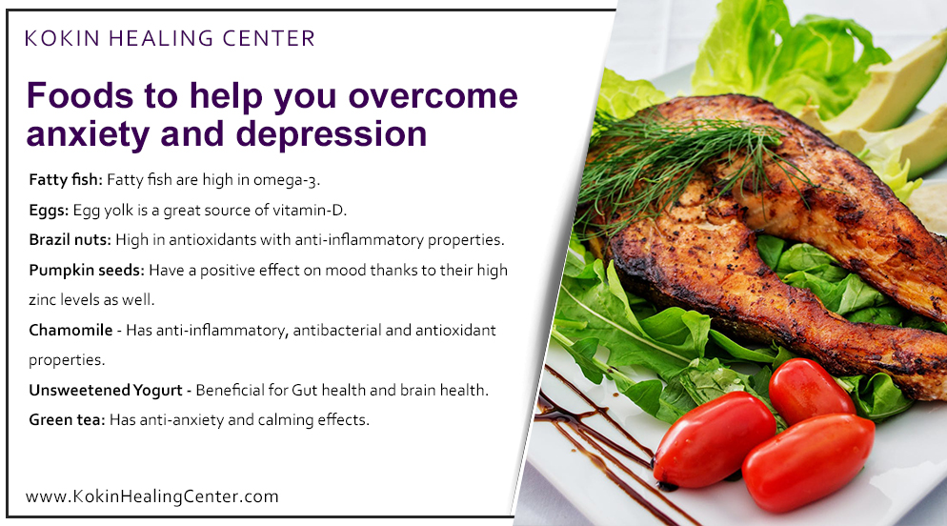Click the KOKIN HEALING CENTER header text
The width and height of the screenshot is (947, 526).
click(x=170, y=39)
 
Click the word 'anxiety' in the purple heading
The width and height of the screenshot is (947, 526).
click(x=91, y=134)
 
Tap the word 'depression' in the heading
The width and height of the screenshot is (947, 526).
click(x=326, y=134)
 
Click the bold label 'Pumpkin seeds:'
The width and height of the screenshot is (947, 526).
click(x=86, y=270)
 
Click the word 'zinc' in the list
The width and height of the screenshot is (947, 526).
click(x=45, y=299)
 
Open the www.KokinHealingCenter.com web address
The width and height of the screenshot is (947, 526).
click(x=152, y=496)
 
